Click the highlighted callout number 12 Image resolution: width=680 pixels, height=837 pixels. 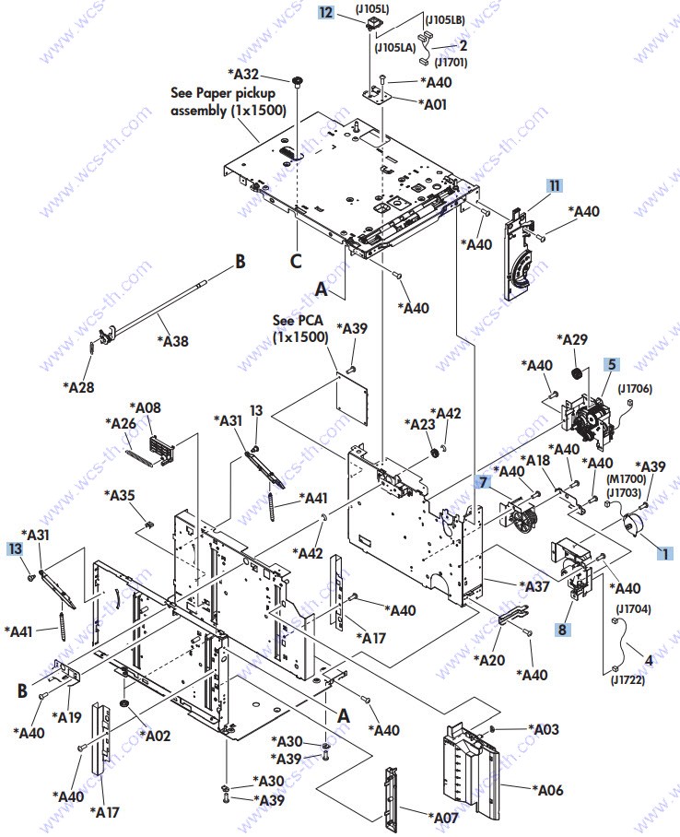point(325,12)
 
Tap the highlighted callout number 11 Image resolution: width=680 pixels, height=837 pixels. point(555,185)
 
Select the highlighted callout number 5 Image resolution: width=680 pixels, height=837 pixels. point(612,365)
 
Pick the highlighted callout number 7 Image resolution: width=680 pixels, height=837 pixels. point(483,482)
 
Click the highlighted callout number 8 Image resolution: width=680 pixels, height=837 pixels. point(562,630)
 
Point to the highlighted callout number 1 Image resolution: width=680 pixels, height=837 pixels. point(665,554)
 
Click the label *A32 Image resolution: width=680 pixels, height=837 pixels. point(243,73)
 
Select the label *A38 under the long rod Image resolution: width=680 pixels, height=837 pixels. point(173,340)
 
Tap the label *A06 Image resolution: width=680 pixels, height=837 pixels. point(547,789)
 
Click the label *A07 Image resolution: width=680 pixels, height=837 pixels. point(443,818)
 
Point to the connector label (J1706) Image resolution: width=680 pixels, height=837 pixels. point(635,389)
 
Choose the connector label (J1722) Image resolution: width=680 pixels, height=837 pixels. point(627,680)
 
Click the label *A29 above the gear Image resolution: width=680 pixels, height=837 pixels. point(572,339)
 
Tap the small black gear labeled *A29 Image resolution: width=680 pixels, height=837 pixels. point(577,373)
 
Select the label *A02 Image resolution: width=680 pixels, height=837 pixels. point(155,736)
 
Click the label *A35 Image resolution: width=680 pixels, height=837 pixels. point(120,495)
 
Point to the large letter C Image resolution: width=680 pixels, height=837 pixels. point(296,261)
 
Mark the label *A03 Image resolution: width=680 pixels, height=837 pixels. point(544,728)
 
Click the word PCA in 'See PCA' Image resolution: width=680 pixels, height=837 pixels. point(311,320)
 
